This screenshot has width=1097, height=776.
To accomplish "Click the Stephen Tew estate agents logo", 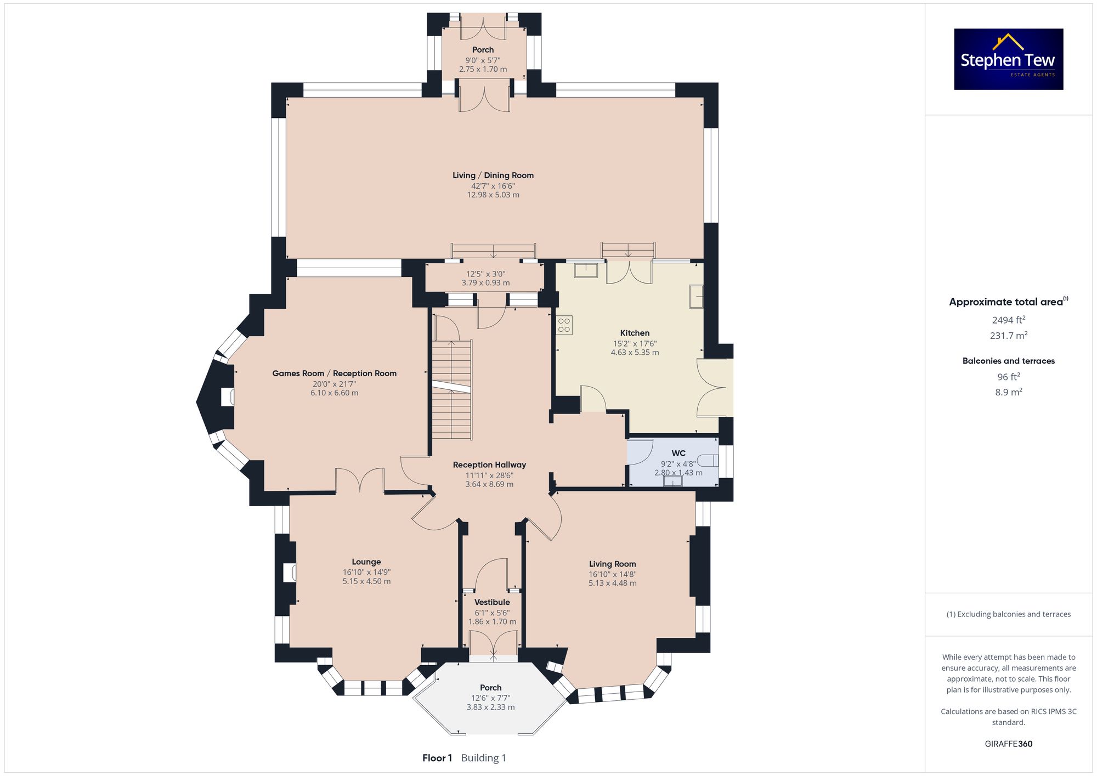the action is (1009, 59).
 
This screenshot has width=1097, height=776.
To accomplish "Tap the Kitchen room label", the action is (635, 333).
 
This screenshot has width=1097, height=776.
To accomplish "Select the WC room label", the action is (678, 453).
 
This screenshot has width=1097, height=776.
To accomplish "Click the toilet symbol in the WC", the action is (709, 460).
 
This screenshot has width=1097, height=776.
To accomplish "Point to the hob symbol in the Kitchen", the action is (564, 325).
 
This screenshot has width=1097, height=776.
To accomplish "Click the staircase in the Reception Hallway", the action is (452, 389).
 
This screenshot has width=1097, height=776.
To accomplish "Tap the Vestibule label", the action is (492, 602).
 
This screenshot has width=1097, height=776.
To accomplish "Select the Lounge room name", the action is (366, 562).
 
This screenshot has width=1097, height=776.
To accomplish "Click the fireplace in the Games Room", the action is (228, 398).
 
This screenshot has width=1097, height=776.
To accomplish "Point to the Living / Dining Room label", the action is (493, 175).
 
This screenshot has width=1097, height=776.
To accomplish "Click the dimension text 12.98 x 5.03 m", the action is (493, 195).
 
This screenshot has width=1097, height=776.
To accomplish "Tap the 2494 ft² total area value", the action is (1009, 320).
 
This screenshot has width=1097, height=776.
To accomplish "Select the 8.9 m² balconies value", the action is (1009, 392).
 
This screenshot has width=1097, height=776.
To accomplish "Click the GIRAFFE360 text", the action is (1009, 744).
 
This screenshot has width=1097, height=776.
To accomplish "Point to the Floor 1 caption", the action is (437, 758).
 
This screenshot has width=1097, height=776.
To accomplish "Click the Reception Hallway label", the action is (489, 465).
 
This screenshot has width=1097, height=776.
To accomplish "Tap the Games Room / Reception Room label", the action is (335, 373).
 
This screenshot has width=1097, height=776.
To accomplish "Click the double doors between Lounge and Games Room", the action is (360, 480).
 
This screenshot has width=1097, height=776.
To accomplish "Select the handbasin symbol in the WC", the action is (672, 481).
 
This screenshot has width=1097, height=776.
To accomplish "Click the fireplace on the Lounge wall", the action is (290, 573).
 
